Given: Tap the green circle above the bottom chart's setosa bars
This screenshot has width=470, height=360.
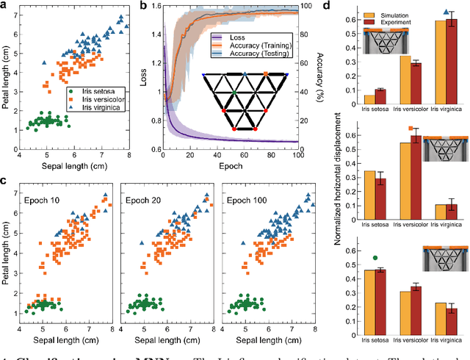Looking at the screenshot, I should [x=376, y=257].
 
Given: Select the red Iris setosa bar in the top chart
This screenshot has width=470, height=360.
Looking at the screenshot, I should [x=380, y=96].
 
